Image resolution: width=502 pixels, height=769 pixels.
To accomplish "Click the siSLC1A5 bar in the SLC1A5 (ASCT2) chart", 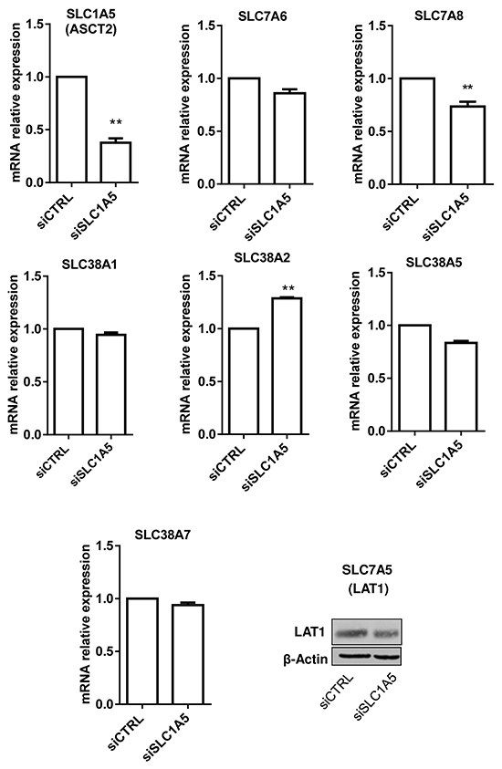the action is point(116,161).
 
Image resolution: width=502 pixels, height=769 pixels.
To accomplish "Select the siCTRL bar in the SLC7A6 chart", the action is point(244,130).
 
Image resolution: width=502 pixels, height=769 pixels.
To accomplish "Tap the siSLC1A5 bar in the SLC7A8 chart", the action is point(468,145).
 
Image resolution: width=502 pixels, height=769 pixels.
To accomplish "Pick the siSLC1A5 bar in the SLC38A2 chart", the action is point(287,366).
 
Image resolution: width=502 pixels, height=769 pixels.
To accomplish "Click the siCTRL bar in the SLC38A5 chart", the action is point(414,379).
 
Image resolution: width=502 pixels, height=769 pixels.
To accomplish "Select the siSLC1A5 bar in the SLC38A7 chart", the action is point(188,654).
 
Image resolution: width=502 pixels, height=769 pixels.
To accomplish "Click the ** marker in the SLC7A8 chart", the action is point(467,88).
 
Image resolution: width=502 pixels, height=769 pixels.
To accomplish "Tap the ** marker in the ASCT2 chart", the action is point(116,122).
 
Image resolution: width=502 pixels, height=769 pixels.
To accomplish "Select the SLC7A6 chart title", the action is point(263,16).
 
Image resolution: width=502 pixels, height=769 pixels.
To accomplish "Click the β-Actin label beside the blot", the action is point(305,659).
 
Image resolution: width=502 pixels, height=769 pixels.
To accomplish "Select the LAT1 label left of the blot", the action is point(309,632).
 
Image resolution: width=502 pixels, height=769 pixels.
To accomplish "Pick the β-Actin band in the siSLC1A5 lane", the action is point(387,656).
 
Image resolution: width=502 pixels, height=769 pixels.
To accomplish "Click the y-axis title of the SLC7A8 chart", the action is point(359,104).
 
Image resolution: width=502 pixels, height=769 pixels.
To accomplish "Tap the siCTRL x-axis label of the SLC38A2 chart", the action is point(227,462).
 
